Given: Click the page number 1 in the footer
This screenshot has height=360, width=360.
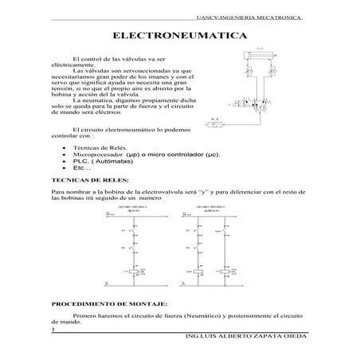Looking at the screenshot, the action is click(52, 331).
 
